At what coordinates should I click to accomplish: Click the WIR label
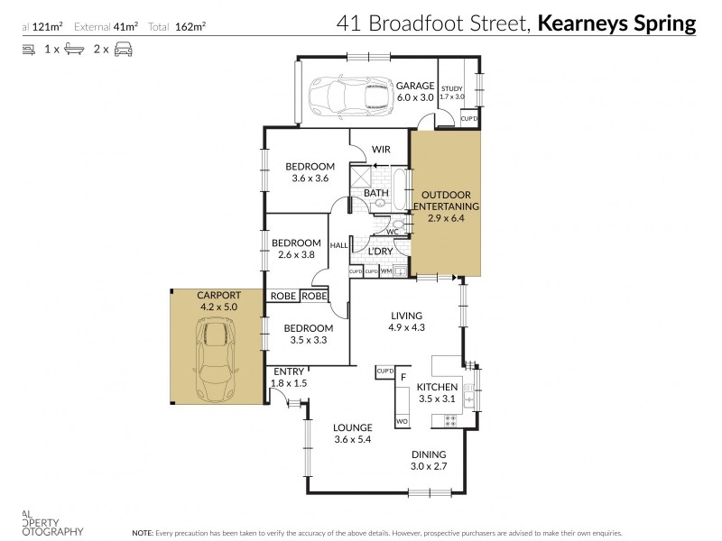380,150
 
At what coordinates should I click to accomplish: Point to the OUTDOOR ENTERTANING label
447,200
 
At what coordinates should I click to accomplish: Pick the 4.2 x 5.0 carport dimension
219,307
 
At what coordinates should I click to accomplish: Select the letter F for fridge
403,377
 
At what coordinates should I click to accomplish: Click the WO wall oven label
402,421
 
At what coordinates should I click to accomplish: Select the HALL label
339,245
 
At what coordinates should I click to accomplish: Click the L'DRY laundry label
379,252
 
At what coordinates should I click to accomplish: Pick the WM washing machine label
385,270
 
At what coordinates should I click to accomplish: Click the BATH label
375,193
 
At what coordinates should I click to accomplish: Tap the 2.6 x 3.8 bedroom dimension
297,254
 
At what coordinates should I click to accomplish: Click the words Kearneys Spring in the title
616,23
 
